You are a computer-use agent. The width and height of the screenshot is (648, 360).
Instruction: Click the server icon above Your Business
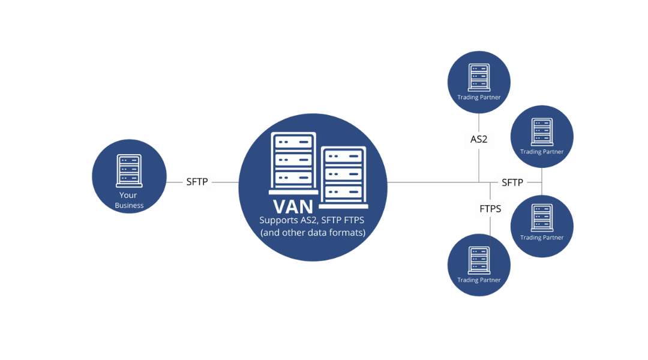click(x=130, y=171)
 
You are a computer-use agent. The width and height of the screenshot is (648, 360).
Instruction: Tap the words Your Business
click(x=130, y=200)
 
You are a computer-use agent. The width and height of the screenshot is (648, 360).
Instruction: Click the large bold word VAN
click(x=293, y=206)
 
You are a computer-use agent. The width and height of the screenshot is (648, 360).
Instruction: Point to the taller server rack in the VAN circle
click(x=293, y=160)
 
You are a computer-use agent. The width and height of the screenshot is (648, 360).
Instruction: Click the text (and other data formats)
click(x=313, y=232)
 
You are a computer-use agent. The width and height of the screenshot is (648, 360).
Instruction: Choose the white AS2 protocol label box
click(x=479, y=140)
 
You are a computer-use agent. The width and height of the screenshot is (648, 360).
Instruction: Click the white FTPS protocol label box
click(x=490, y=209)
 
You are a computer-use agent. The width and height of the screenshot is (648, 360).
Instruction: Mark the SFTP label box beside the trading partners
click(x=512, y=182)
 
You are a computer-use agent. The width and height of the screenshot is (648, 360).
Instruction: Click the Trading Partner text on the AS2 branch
click(x=479, y=97)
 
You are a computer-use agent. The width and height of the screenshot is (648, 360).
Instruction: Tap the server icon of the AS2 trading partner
click(x=479, y=76)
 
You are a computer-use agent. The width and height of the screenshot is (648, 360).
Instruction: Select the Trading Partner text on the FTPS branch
click(x=479, y=280)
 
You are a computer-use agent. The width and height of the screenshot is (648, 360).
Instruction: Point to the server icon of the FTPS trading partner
click(x=479, y=259)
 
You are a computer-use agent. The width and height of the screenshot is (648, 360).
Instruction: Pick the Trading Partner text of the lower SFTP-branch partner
click(x=542, y=238)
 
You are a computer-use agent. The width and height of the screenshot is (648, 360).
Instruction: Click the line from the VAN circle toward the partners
click(x=432, y=182)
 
